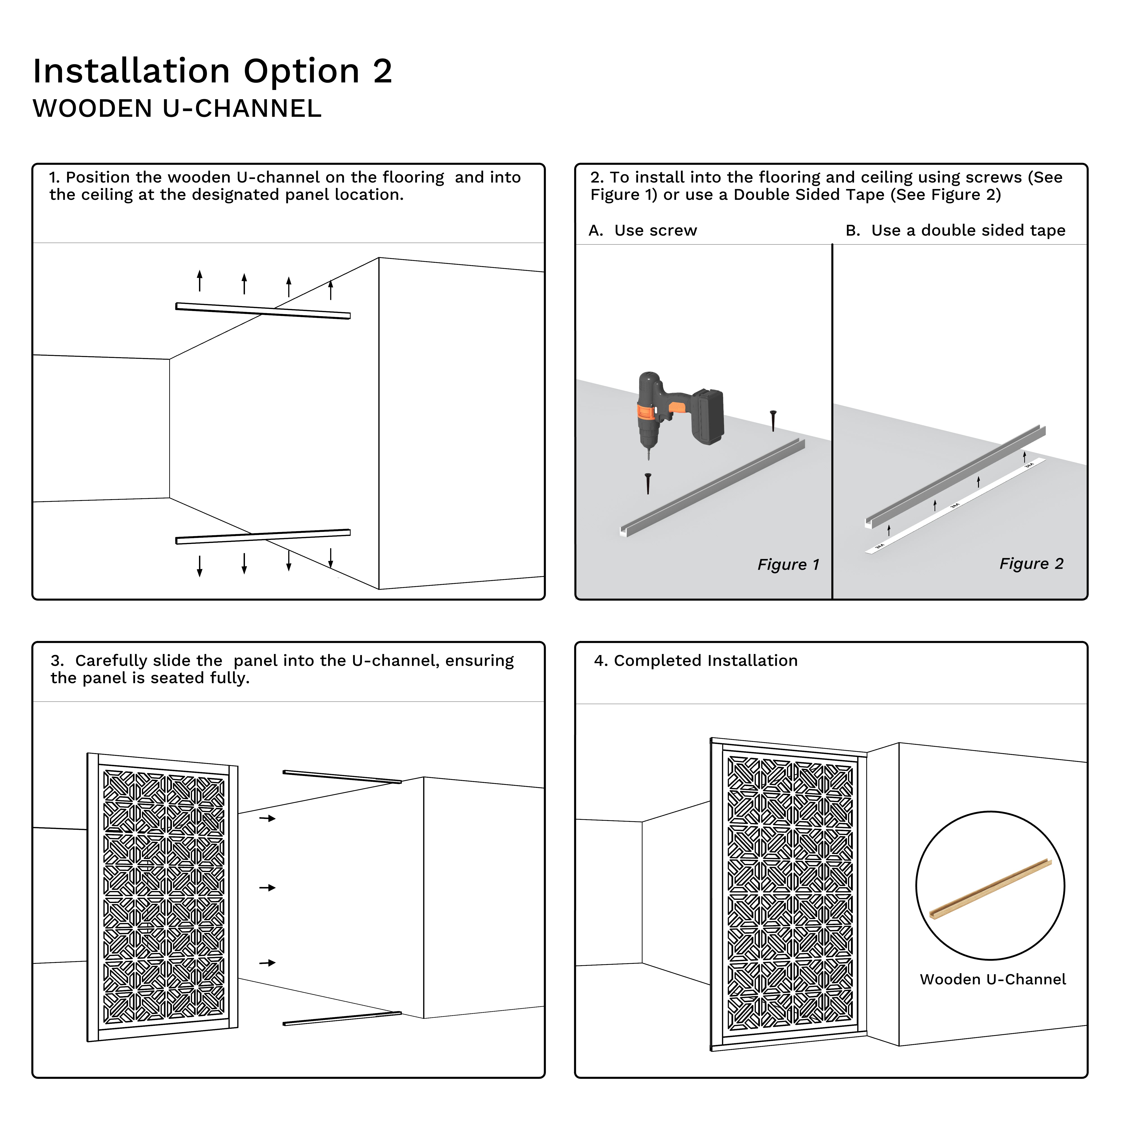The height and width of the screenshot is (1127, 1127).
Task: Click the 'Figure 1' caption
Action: [788, 565]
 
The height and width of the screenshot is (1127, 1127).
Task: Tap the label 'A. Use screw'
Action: [643, 230]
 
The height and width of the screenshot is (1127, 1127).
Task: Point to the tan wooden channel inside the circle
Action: [990, 888]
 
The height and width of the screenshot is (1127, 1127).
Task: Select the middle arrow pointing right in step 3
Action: [267, 888]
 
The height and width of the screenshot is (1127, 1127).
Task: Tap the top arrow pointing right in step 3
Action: [267, 818]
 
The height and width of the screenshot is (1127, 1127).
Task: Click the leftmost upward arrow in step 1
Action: [199, 281]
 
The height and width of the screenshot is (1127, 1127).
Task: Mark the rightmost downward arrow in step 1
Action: [331, 558]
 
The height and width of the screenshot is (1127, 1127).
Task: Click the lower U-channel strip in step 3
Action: [342, 1018]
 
